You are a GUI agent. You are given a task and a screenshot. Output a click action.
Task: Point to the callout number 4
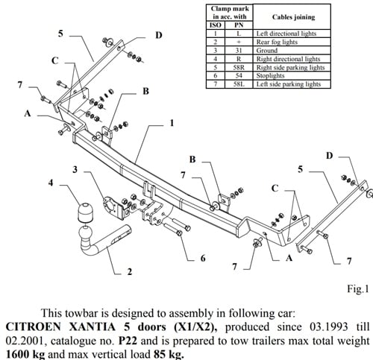point(50,182)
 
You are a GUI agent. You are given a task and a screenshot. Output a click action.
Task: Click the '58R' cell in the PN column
point(239,67)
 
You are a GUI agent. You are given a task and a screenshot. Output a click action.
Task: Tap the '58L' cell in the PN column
point(239,83)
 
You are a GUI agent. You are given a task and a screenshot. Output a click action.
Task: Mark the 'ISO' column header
point(214,25)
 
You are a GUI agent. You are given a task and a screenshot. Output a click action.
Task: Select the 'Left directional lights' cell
point(287,34)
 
